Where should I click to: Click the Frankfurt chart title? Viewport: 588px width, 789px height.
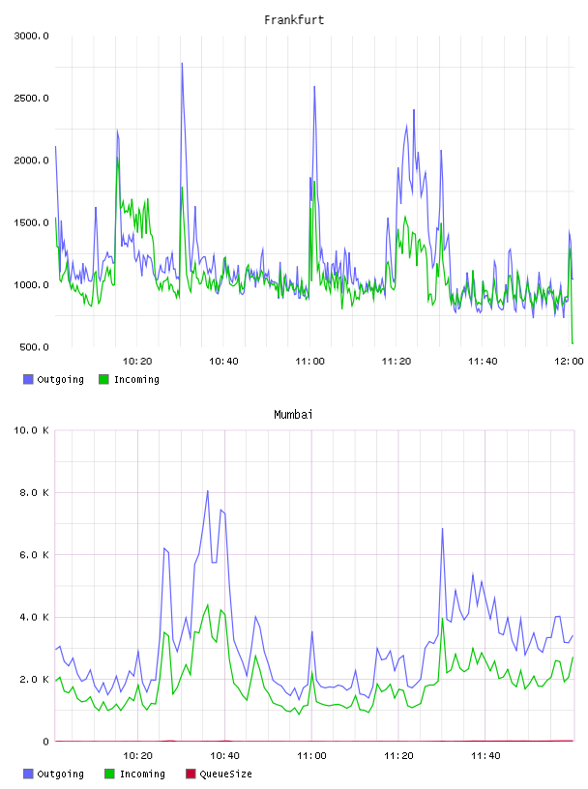click(x=294, y=19)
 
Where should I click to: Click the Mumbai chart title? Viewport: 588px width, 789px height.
click(x=293, y=414)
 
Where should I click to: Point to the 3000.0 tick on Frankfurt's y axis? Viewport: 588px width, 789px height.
click(x=31, y=36)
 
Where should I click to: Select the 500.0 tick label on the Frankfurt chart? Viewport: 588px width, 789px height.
click(x=34, y=347)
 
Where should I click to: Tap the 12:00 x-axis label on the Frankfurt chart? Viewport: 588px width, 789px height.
click(x=569, y=361)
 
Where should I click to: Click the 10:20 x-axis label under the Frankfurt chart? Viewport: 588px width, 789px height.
click(x=137, y=361)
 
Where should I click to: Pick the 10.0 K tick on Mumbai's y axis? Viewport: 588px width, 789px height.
click(x=31, y=430)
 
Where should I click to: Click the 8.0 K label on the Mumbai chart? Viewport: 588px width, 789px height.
click(x=34, y=492)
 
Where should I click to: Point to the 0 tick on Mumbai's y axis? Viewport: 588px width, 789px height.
click(x=45, y=742)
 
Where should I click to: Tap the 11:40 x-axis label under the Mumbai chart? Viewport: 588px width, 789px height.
click(x=485, y=755)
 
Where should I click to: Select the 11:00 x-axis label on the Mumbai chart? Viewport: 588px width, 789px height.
click(x=311, y=755)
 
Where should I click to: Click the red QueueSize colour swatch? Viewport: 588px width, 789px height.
click(x=191, y=774)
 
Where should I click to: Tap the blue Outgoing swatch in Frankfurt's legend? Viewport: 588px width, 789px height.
click(x=28, y=379)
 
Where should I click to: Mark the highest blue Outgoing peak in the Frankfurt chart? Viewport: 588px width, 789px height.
click(x=182, y=64)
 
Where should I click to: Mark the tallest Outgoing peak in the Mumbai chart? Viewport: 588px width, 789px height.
click(x=207, y=491)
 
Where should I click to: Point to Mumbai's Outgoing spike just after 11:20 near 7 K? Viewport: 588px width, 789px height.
click(x=443, y=528)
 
